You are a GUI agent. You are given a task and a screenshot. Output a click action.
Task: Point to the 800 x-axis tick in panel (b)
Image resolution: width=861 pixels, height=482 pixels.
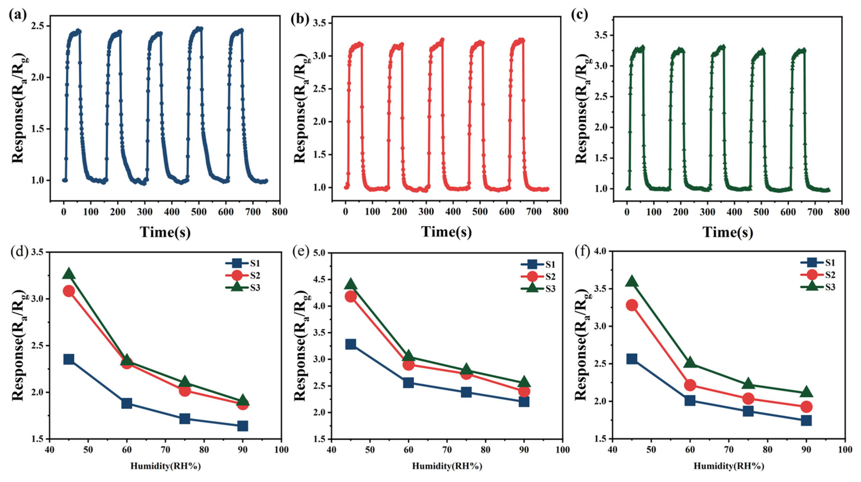[x=560, y=212]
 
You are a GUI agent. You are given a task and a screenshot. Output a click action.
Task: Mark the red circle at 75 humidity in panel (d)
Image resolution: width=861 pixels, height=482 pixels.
[x=185, y=390]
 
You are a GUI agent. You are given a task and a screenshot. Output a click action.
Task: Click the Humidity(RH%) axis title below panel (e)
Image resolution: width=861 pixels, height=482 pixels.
[x=447, y=466]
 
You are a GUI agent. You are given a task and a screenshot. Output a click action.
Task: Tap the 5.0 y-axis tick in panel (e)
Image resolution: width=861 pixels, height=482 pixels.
[x=319, y=253]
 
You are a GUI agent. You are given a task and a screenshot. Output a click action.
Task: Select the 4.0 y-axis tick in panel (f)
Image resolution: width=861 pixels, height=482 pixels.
[x=600, y=251]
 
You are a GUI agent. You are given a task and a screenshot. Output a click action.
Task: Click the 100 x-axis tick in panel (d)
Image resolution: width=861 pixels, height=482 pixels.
[x=281, y=450]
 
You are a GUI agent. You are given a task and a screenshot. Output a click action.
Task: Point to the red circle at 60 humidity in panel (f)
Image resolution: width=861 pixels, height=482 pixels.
[x=690, y=385]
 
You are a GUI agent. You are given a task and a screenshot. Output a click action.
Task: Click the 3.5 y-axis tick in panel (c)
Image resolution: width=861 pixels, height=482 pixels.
[x=600, y=36]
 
